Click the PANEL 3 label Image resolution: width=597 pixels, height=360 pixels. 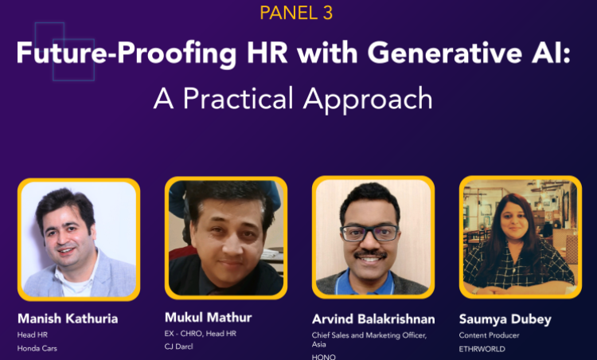point(296,13)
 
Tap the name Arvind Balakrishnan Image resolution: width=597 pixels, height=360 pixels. point(373,319)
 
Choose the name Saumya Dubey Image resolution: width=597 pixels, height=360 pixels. point(504,319)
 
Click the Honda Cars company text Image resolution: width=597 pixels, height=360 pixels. point(37,348)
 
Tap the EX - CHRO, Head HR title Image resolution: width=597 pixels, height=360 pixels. point(200,333)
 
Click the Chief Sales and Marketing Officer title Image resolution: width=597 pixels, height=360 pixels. point(369,335)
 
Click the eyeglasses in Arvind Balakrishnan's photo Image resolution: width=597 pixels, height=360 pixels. point(370,233)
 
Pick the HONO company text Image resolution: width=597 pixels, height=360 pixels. point(324,357)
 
